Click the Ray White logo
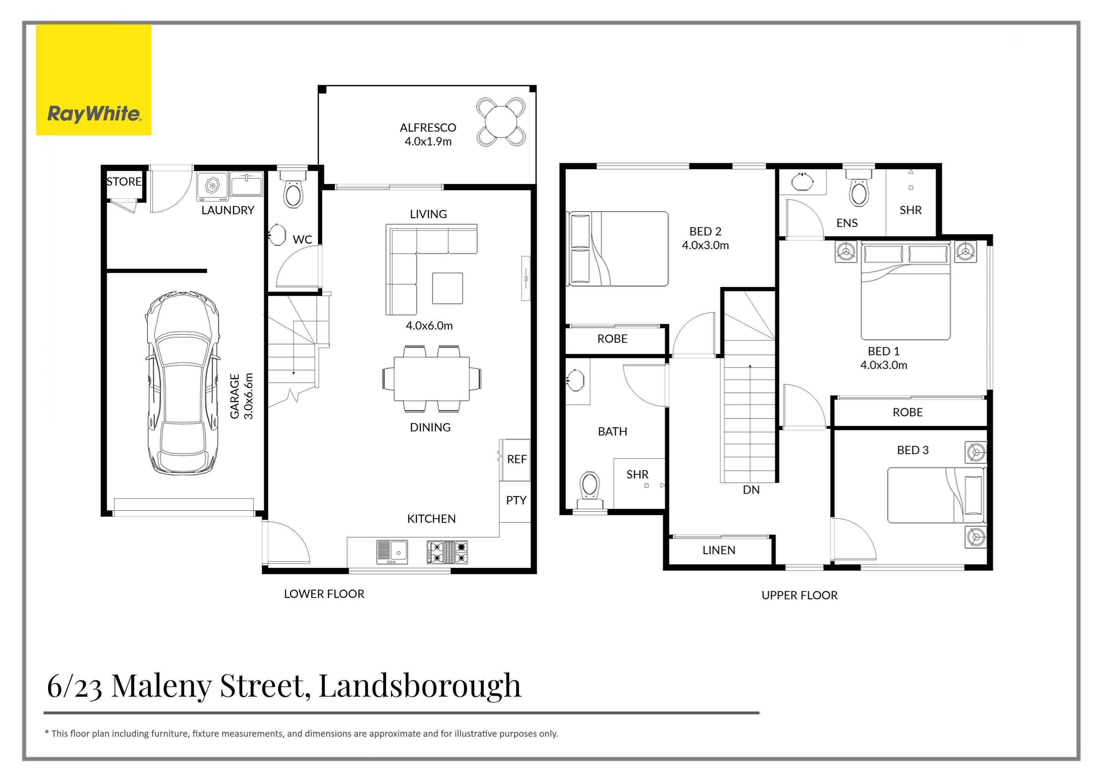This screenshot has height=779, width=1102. pos(94,80)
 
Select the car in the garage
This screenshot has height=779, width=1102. pos(183,384)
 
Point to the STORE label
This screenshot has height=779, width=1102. pos(124,182)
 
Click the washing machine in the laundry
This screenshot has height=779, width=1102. pos(212,186)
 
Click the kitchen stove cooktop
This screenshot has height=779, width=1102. pos(447,552)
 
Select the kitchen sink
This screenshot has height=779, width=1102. pos(392,552)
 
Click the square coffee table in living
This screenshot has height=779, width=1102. pos(447,288)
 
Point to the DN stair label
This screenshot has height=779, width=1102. pos(751,490)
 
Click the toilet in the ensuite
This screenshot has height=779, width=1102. pos(859,191)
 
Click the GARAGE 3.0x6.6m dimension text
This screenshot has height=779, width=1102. pos(242,396)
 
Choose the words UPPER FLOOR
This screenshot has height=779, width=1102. pos(799,596)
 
